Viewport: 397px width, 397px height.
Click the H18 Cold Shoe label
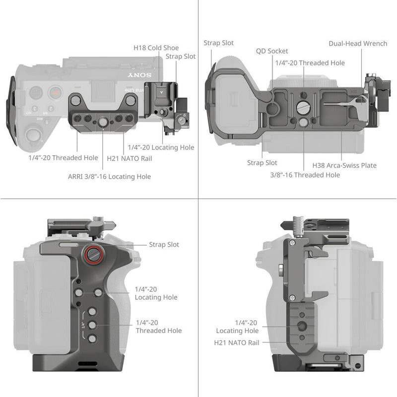pos(156,48)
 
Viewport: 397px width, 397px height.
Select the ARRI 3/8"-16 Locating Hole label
pos(109,177)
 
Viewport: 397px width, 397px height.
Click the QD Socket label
pos(272,51)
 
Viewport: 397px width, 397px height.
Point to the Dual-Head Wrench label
pos(358,44)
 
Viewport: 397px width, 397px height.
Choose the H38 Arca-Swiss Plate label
pos(344,165)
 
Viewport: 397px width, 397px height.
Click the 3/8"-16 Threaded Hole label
pos(305,175)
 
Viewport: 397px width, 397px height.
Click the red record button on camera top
pos(56,92)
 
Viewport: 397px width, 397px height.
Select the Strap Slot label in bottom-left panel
pos(164,245)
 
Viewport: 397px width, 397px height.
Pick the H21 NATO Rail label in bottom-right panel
pos(236,342)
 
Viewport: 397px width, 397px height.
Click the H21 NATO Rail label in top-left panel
pos(130,159)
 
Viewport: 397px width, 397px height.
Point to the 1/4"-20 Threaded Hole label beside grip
pos(158,327)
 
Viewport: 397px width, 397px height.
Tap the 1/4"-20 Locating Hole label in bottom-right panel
pos(237,327)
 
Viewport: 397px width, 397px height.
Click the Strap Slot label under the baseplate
pos(262,163)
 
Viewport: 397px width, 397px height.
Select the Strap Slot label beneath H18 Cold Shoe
pos(181,57)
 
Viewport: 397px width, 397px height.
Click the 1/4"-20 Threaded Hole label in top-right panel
pos(310,63)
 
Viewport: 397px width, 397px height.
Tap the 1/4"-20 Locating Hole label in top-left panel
pos(161,147)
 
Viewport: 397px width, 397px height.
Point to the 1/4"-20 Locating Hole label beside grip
pos(156,293)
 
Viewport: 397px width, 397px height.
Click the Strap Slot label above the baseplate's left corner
pos(218,44)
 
